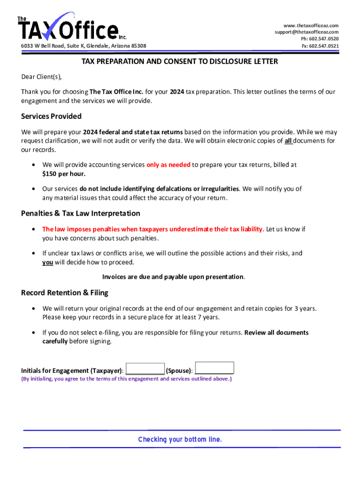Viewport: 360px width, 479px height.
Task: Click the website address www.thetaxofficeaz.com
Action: [x=310, y=25]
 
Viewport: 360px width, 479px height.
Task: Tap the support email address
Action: [x=306, y=32]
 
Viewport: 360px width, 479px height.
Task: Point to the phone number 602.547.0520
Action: [x=320, y=39]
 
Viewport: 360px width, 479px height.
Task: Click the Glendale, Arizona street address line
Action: [x=84, y=46]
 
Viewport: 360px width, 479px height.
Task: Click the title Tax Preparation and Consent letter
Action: [x=180, y=62]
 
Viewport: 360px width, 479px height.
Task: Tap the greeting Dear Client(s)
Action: [x=42, y=77]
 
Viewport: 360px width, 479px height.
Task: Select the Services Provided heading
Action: [x=51, y=116]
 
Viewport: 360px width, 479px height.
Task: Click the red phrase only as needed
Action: [x=168, y=165]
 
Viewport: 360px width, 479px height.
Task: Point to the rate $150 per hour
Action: [x=64, y=174]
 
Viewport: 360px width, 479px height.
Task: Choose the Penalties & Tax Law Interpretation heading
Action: [x=80, y=213]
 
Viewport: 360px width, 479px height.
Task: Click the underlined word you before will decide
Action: [x=48, y=262]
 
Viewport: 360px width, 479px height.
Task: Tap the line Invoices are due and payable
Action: [x=173, y=277]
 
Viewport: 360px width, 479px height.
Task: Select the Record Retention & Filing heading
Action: [x=65, y=293]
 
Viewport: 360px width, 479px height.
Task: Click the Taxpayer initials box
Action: [x=145, y=369]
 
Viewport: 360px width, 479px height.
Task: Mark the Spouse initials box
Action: [x=214, y=368]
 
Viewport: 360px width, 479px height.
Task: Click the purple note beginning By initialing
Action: [x=126, y=379]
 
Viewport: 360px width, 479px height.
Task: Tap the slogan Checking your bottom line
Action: [x=180, y=440]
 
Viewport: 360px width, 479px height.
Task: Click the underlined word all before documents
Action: [x=289, y=141]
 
